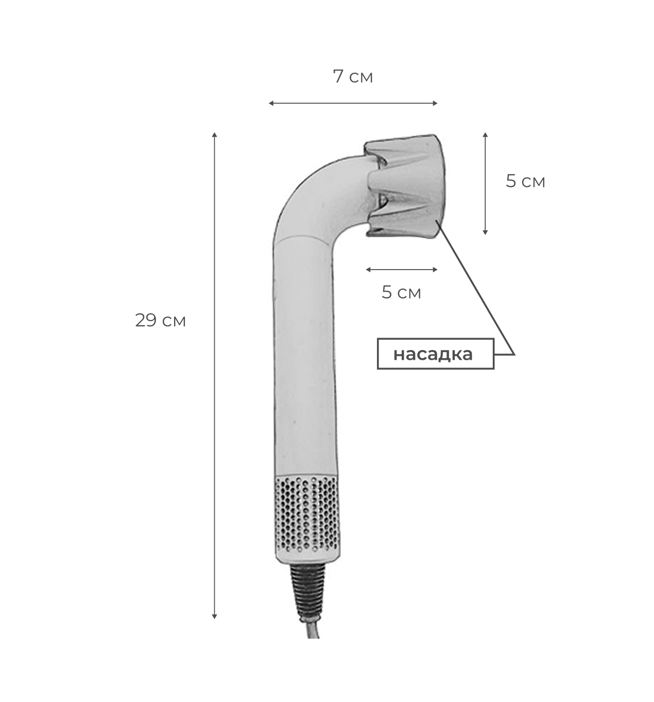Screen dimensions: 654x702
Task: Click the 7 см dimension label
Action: tap(353, 77)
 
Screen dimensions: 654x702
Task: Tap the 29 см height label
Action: tap(160, 320)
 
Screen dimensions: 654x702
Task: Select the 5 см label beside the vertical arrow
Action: tap(525, 181)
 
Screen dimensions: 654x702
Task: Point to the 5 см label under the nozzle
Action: tap(401, 293)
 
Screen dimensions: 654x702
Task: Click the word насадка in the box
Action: tap(433, 354)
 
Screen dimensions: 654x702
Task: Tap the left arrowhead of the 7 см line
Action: tap(271, 103)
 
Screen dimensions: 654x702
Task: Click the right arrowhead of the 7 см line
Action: tap(435, 103)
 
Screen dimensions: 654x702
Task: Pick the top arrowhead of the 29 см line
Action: tap(214, 135)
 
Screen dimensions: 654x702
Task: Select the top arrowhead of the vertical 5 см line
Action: tap(485, 135)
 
